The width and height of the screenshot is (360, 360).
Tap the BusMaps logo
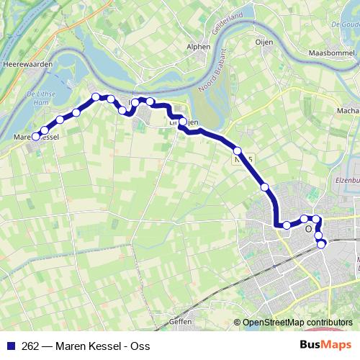pyautogui.click(x=325, y=345)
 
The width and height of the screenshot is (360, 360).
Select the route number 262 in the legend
pyautogui.click(x=30, y=346)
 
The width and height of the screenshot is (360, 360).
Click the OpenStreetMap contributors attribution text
pyautogui.click(x=297, y=323)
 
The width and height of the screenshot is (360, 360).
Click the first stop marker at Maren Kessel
pyautogui.click(x=35, y=137)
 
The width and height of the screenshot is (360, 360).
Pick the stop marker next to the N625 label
pyautogui.click(x=238, y=150)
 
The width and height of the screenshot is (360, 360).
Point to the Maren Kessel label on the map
pyautogui.click(x=36, y=136)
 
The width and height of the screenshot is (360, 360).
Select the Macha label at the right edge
pyautogui.click(x=348, y=111)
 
